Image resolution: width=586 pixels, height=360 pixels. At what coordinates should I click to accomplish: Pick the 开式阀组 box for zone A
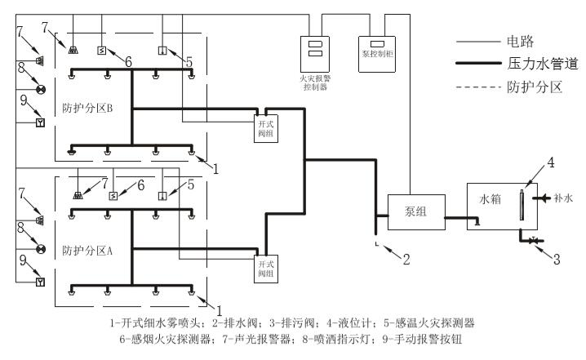point(266,265)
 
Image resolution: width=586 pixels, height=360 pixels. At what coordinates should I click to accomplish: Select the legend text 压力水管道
point(535,62)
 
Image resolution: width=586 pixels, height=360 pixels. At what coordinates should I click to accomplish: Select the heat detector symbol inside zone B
point(162,50)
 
